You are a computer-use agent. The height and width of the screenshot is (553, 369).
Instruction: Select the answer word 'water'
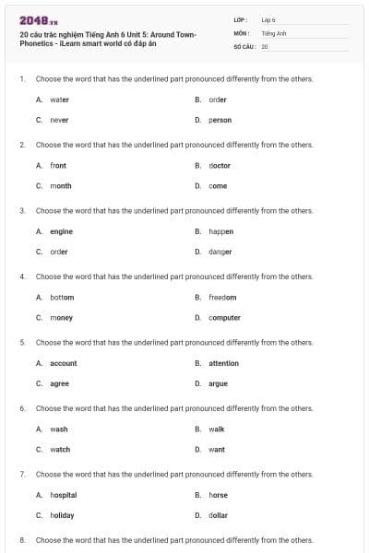point(59,100)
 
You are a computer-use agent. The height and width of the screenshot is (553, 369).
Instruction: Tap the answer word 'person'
point(220,120)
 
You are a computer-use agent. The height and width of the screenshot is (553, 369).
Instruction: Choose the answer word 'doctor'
point(220,166)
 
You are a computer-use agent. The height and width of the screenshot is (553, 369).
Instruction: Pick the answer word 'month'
point(60,185)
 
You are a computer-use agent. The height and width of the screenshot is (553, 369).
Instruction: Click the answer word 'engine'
point(61,231)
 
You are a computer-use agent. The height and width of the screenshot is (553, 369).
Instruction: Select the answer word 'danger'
point(220,252)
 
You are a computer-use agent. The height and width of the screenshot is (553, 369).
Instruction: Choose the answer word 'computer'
point(224,318)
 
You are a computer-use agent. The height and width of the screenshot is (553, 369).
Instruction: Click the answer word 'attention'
point(223,363)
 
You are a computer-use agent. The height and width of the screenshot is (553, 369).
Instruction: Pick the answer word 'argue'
point(218,383)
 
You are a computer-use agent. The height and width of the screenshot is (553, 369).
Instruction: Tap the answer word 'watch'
point(60,450)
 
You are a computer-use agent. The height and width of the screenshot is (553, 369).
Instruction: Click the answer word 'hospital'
point(63,495)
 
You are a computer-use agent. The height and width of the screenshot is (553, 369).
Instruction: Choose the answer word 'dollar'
point(218,515)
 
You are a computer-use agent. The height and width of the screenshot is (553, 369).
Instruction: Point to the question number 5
point(21,342)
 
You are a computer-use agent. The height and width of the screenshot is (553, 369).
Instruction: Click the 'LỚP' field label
point(240,19)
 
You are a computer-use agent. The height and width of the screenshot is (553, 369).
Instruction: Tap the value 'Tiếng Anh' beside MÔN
point(274,32)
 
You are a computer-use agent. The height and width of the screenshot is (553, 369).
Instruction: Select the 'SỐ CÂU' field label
point(244,45)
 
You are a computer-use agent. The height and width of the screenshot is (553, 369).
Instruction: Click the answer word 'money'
point(61,318)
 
